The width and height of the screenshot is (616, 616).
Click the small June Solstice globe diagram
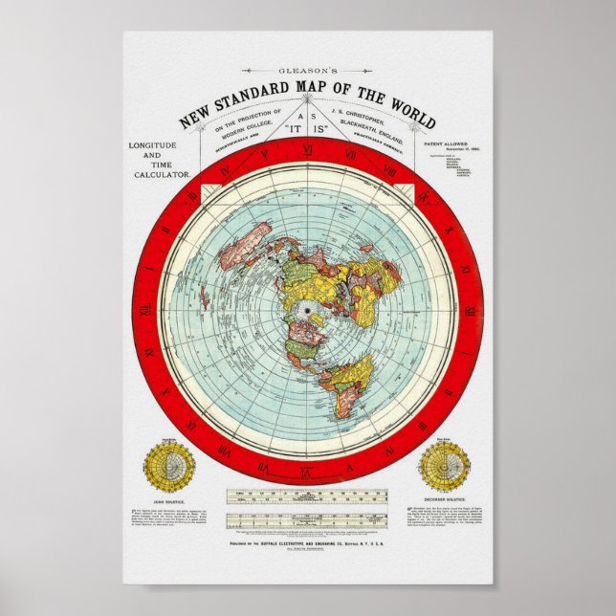(169, 466)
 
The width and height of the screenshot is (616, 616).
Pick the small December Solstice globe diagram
(444, 466)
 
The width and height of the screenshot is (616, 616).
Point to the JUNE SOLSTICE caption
(169, 499)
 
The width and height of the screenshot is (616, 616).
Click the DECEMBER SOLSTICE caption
(444, 499)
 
